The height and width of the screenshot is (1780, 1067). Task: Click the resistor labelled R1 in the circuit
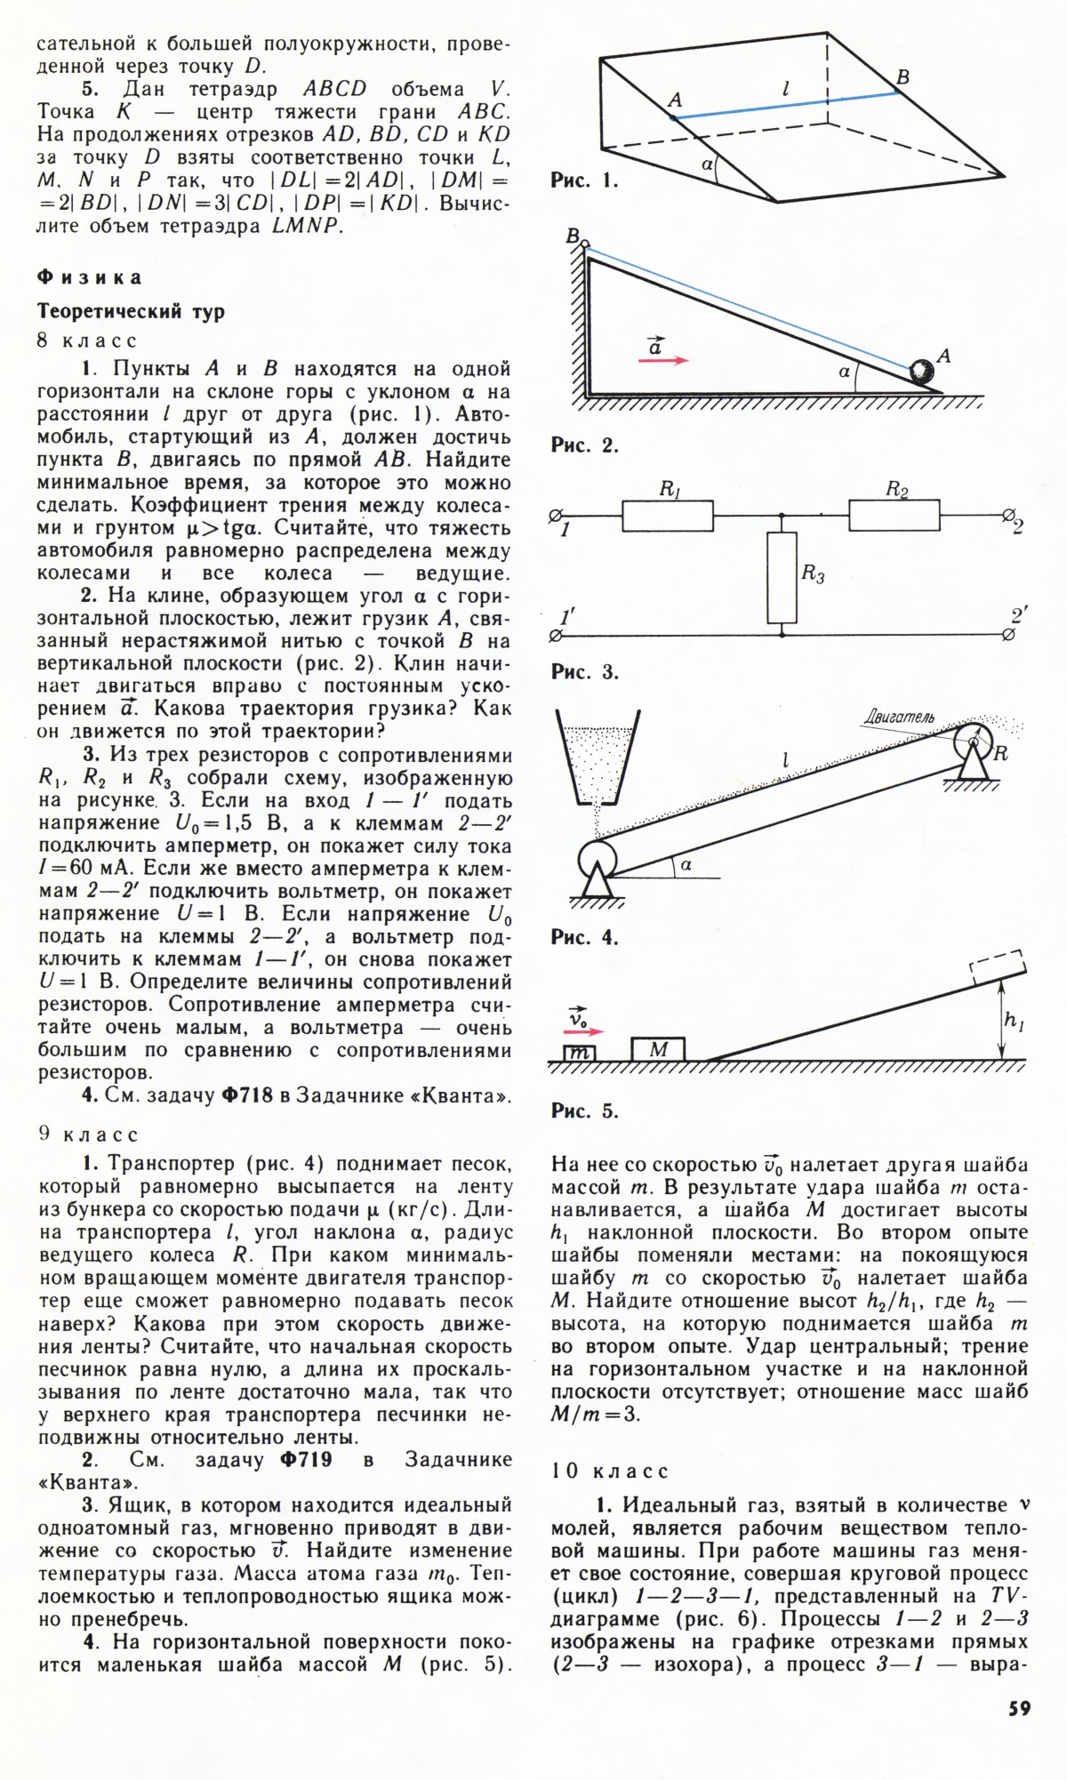tap(667, 516)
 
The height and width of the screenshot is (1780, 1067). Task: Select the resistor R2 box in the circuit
tap(894, 515)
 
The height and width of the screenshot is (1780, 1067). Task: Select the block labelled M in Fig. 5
tap(658, 1049)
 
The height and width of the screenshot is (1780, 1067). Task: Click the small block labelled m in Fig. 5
tap(581, 1053)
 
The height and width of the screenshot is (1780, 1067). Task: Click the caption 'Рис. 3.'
tap(584, 672)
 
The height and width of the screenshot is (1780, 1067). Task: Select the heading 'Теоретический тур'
tap(131, 312)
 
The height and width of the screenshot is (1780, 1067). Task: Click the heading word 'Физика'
tap(89, 277)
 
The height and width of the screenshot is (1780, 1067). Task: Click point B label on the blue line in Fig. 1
tap(903, 77)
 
